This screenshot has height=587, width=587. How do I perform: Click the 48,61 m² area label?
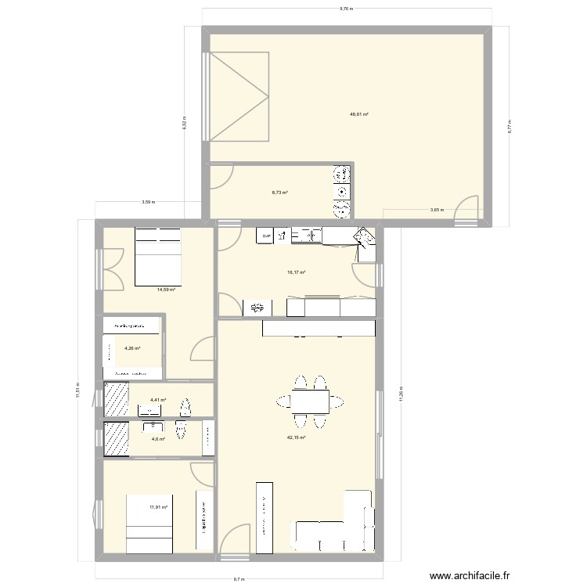point(359,114)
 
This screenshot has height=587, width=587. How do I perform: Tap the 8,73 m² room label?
point(279,193)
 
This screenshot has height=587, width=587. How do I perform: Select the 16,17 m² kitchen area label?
point(296,272)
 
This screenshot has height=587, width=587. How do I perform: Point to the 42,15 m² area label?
point(296,438)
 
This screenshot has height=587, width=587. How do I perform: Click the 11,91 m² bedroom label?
point(159,507)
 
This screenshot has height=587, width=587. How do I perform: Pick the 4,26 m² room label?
point(131,348)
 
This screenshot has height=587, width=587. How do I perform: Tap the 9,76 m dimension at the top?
point(346,10)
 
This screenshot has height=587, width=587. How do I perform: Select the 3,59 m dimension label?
point(149,202)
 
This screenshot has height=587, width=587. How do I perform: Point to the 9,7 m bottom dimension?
point(238,580)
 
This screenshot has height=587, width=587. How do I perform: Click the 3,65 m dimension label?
point(436,209)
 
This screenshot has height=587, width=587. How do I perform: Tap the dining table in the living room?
point(309,402)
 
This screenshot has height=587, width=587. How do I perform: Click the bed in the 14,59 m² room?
point(158,256)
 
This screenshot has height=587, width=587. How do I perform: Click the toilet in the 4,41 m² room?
point(185,408)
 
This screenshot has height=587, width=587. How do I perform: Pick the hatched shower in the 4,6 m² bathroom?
point(117,439)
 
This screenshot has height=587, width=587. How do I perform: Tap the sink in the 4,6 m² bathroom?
point(152,427)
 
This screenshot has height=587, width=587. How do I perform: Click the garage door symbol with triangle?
point(239,97)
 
